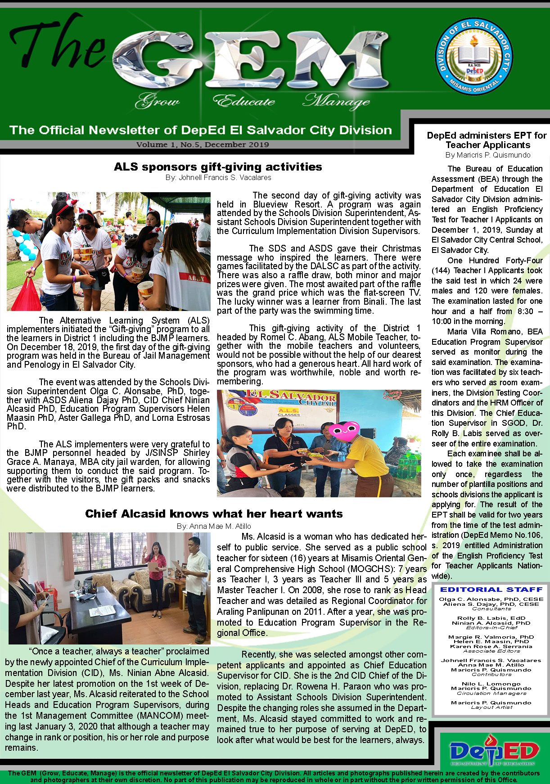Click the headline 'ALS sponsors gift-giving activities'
(218, 167)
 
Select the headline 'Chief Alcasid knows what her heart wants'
(214, 514)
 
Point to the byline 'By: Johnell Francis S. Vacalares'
(218, 178)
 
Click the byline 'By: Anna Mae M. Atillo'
(214, 526)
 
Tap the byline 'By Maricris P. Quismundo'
(488, 155)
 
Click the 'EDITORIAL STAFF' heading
(491, 589)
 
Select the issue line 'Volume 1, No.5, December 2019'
(203, 145)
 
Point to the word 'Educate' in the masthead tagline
(243, 101)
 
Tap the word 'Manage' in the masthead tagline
(336, 101)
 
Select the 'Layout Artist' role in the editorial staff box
(491, 707)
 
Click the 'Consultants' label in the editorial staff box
(491, 608)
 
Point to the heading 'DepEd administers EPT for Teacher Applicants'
(487, 140)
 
